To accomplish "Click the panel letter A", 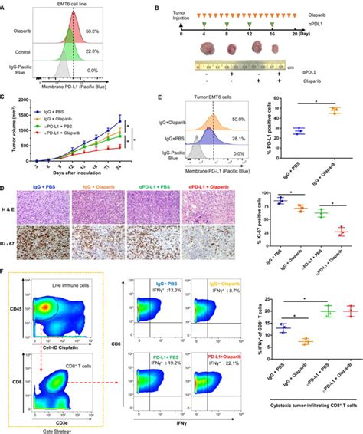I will click(x=6, y=6).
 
